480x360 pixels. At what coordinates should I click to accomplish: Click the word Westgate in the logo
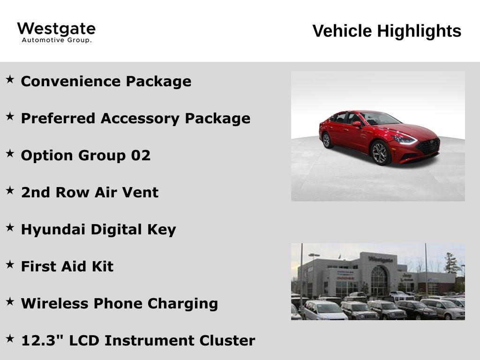[56, 30]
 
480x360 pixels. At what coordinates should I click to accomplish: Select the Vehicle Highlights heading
[387, 31]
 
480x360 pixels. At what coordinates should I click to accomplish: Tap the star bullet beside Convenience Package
[10, 79]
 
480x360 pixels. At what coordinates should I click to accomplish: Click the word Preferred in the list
[58, 119]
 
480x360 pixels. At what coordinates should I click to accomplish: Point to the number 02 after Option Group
[141, 155]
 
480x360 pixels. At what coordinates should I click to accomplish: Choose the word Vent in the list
[140, 193]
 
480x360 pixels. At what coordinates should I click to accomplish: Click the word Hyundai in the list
[52, 230]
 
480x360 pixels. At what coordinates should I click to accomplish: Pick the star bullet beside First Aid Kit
[10, 264]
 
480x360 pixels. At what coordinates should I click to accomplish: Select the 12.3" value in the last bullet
[42, 340]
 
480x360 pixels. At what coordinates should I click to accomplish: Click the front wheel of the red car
[380, 153]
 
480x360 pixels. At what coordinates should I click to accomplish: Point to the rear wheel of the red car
[327, 140]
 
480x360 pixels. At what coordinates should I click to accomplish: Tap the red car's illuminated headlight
[405, 140]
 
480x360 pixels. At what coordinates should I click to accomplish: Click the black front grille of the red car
[428, 146]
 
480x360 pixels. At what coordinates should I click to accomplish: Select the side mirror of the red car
[357, 124]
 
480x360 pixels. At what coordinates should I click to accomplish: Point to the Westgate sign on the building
[381, 259]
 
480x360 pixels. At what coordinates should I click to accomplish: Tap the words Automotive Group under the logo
[57, 40]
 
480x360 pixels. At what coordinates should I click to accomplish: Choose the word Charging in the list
[183, 304]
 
